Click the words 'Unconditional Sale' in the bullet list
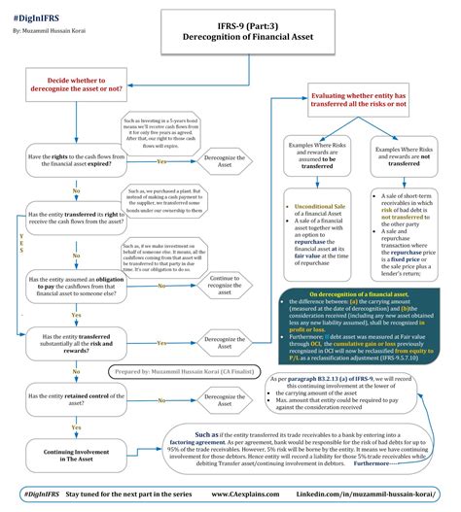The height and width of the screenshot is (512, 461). [307, 208]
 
